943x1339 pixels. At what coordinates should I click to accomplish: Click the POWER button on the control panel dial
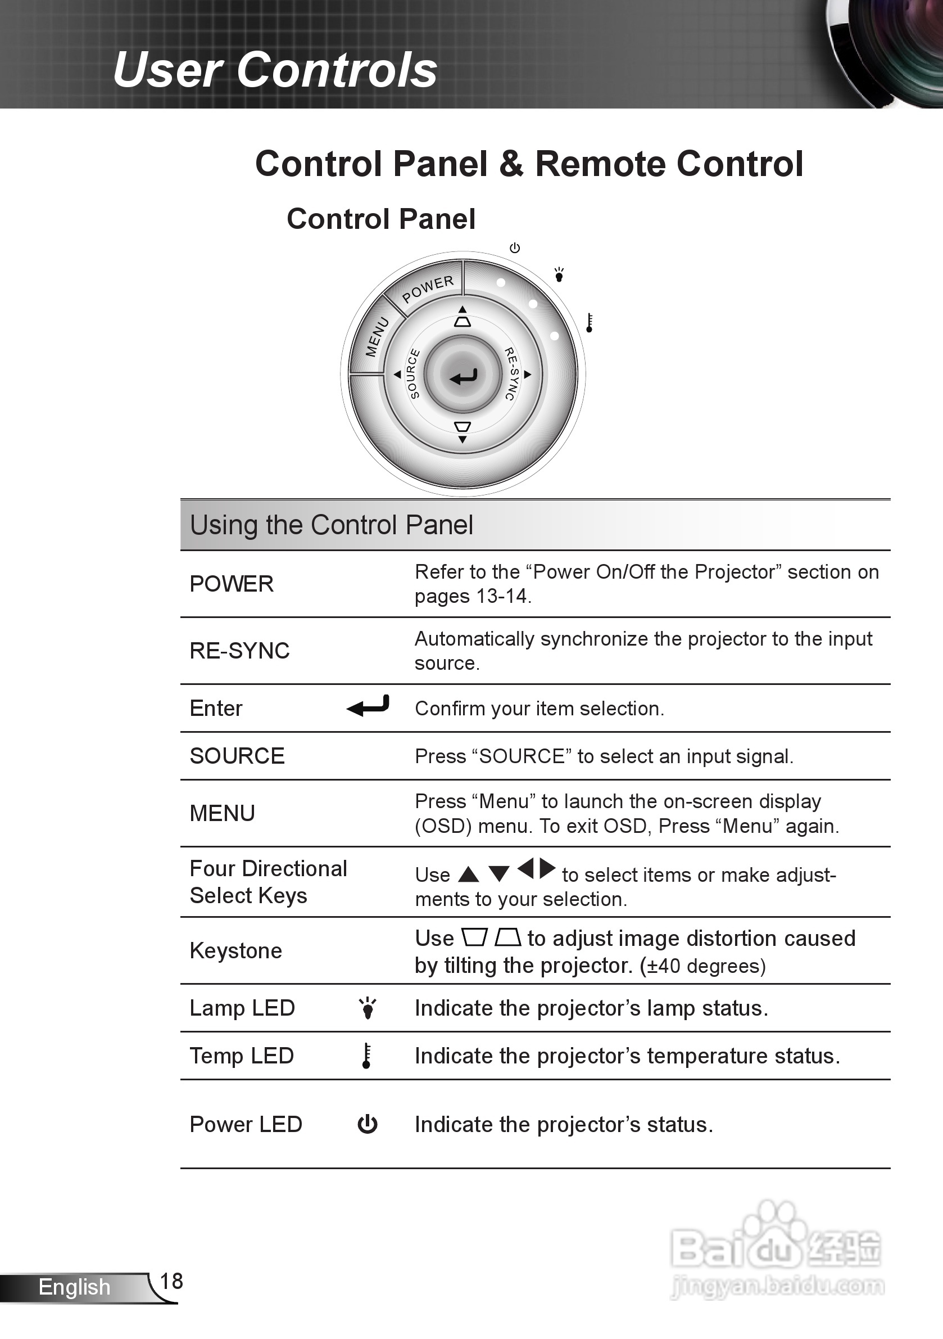427,288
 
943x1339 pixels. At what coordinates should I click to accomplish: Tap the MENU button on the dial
377,336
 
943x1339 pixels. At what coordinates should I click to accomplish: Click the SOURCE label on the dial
413,374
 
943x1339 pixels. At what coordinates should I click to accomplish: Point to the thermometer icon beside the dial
589,322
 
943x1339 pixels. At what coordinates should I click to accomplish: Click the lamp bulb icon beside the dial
559,274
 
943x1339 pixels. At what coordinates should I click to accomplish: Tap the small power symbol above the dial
515,248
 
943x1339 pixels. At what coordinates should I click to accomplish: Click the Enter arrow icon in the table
368,706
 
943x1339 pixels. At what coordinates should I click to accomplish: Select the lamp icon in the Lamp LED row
368,1008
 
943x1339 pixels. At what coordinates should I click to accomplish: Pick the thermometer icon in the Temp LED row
366,1056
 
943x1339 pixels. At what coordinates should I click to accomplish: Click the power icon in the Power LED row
367,1124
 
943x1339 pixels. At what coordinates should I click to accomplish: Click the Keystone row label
236,950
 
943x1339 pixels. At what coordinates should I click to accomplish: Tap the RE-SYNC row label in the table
239,650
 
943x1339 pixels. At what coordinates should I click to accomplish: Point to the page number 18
171,1281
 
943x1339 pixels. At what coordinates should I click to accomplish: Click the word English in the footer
74,1287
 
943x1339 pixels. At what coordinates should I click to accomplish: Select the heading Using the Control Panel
331,525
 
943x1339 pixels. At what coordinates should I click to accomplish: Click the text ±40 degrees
702,966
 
